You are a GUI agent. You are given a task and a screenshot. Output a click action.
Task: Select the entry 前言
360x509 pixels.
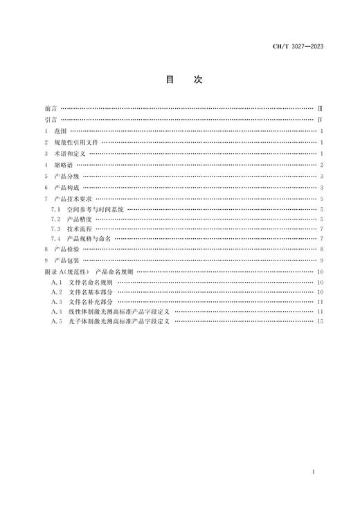pyautogui.click(x=50, y=109)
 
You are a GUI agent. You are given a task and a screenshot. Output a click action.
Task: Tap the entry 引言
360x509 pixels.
pyautogui.click(x=50, y=120)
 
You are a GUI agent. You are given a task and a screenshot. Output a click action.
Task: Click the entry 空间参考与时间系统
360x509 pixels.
pyautogui.click(x=95, y=208)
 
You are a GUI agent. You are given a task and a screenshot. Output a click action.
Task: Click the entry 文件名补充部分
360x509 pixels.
pyautogui.click(x=92, y=302)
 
